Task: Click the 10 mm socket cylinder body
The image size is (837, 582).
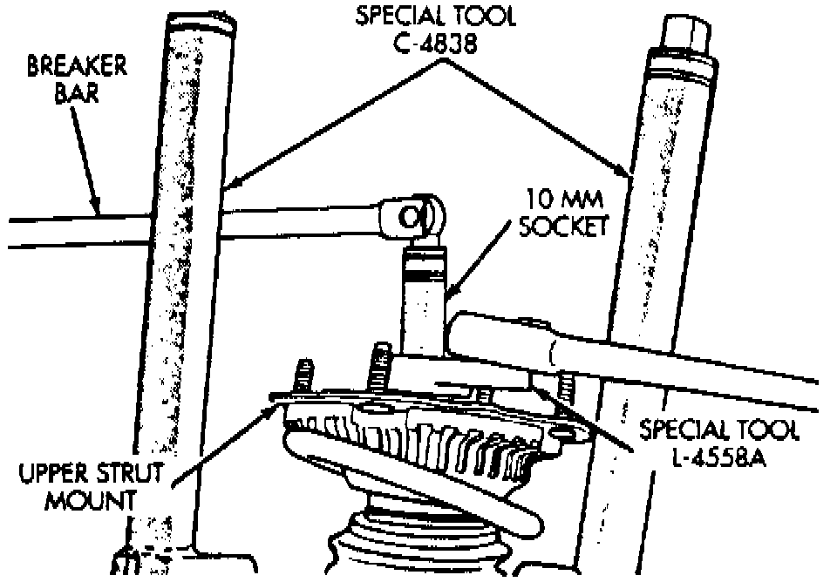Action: coord(424,296)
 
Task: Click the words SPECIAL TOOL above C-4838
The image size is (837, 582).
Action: coord(432,17)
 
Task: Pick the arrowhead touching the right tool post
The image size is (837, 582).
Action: coord(626,174)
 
